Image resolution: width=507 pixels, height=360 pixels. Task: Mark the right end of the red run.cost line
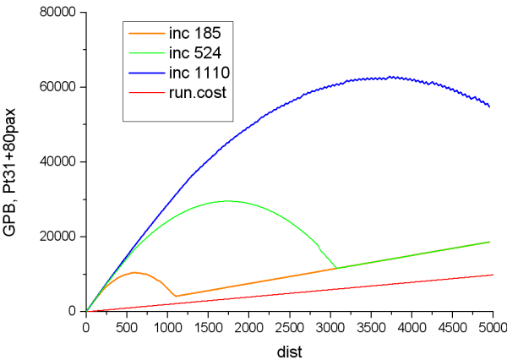492,274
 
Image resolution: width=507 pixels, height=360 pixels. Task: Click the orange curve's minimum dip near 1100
175,296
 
